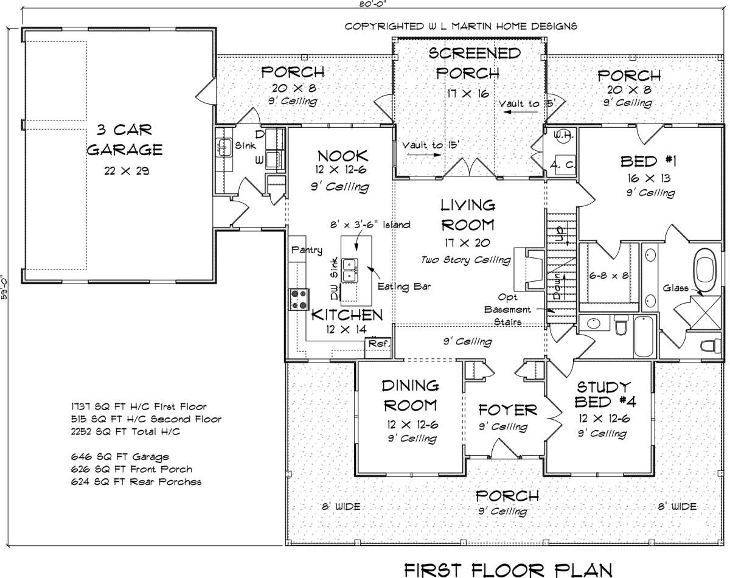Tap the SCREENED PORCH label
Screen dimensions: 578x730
tap(474, 63)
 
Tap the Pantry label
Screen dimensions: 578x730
tap(306, 249)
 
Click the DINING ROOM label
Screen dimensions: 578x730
tap(411, 395)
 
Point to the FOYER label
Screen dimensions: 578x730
tap(508, 409)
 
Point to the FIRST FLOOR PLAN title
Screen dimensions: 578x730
tap(507, 569)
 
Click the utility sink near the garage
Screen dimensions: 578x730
tap(224, 146)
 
